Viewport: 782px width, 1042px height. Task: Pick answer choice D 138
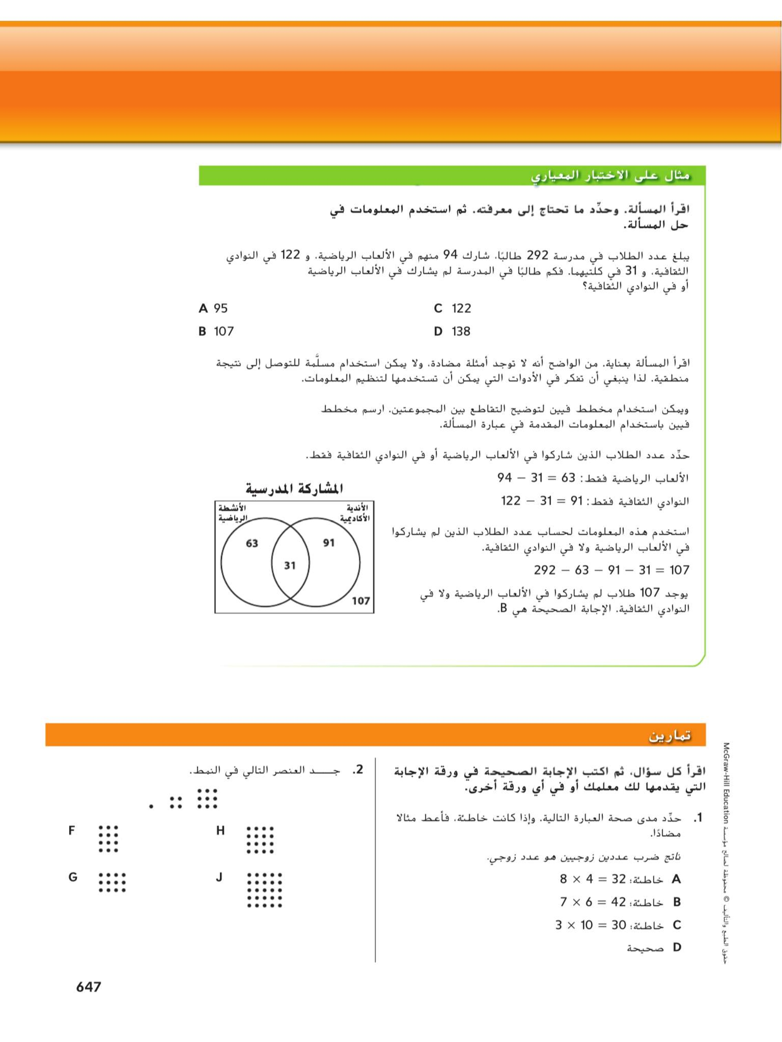coord(452,332)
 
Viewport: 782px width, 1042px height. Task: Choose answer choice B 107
coord(216,332)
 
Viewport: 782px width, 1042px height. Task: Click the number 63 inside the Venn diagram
coord(252,543)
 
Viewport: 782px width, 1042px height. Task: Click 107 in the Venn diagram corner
coord(360,600)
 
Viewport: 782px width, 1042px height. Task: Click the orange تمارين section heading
coord(669,736)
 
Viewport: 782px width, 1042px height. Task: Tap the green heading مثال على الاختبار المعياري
coord(610,176)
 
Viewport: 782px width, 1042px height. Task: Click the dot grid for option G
coord(112,882)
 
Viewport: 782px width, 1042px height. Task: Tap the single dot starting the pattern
coord(151,807)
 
